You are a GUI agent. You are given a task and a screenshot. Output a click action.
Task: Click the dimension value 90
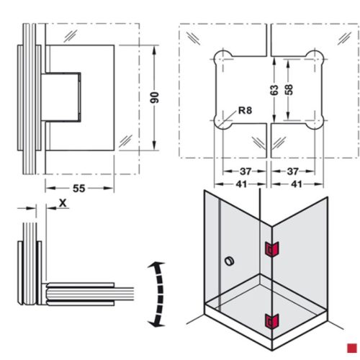[x=153, y=97]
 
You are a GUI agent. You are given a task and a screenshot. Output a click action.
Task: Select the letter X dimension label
[x=63, y=204]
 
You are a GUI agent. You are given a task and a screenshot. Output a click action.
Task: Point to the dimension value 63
[x=274, y=91]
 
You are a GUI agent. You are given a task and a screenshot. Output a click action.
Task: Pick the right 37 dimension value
[x=293, y=171]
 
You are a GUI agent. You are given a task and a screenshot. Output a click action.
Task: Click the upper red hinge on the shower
[x=271, y=248]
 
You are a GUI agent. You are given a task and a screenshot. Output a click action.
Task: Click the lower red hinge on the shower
[x=271, y=323]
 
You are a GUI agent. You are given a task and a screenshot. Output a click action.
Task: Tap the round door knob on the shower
[x=230, y=259]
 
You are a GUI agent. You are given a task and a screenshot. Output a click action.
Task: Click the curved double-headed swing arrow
[x=154, y=295]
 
